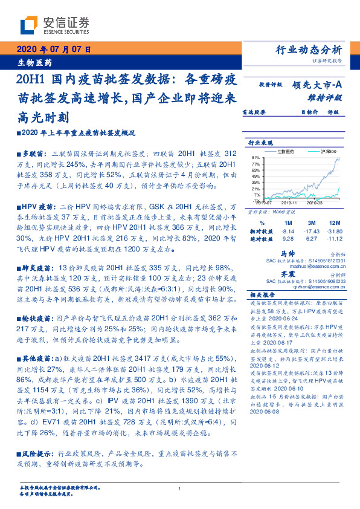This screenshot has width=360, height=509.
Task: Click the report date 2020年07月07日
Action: point(53,50)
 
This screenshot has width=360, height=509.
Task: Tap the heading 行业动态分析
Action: point(309,50)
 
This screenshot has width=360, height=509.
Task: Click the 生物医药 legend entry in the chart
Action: point(286,151)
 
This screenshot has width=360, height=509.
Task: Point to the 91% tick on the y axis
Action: point(255,157)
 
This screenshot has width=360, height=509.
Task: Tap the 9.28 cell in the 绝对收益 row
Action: point(288,239)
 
